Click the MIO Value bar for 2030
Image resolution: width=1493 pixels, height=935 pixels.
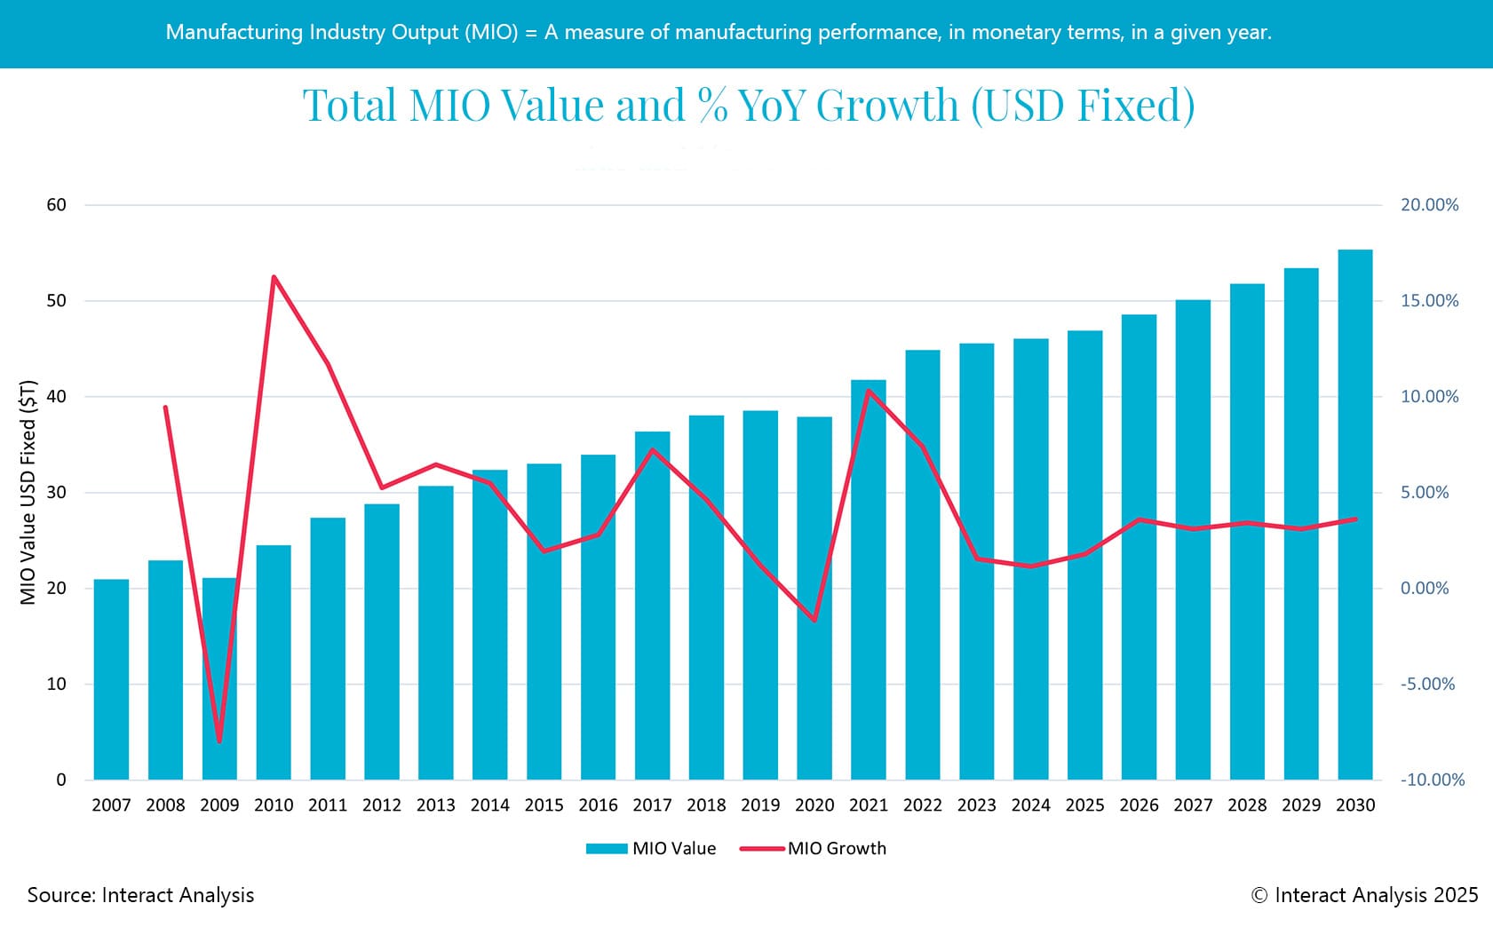(1354, 515)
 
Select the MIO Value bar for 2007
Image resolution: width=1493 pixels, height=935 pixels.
(111, 679)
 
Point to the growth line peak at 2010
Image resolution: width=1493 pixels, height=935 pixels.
(274, 277)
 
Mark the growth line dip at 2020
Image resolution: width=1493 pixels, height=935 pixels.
(814, 620)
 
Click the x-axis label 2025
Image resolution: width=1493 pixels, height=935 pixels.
(1084, 805)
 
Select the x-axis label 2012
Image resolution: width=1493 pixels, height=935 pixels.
(381, 805)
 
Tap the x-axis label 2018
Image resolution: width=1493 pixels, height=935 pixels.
(706, 805)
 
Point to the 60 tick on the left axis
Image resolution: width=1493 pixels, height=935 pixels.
(56, 205)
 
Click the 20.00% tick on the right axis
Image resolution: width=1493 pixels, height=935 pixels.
(1429, 205)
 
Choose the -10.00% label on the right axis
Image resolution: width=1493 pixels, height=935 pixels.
(1432, 780)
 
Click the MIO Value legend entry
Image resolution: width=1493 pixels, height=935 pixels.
(652, 849)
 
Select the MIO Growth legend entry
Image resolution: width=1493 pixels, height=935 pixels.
(814, 849)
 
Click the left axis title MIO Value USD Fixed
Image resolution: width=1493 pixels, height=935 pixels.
(28, 493)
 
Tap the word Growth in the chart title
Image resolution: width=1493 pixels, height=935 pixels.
(887, 106)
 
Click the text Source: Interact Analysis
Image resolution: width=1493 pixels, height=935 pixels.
(140, 895)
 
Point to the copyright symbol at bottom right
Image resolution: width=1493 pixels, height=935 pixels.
(1259, 896)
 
